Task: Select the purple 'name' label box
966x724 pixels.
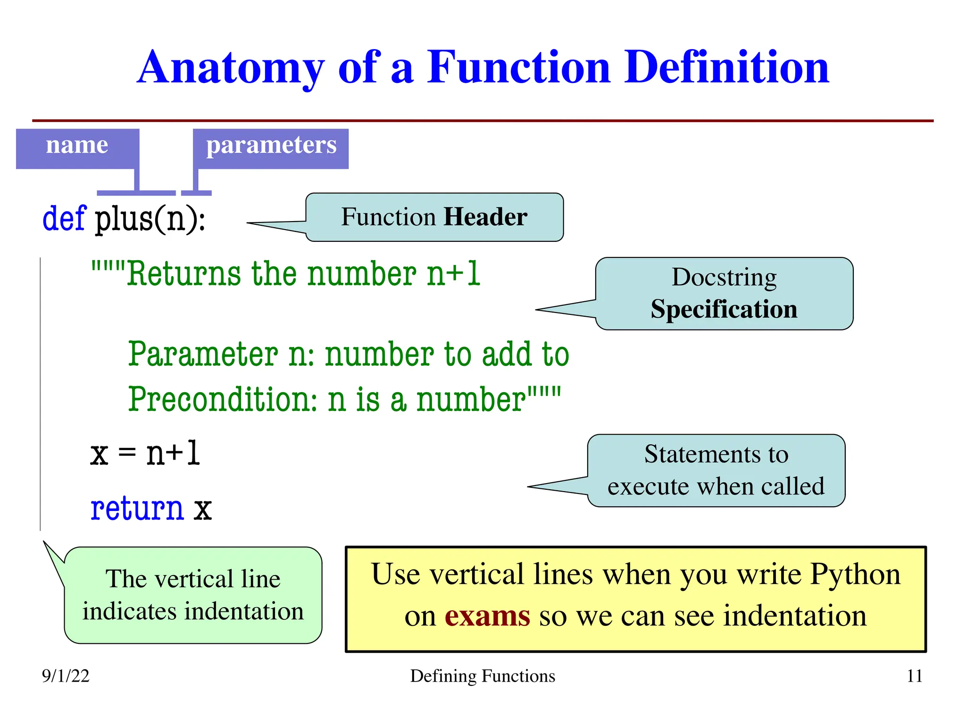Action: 77,148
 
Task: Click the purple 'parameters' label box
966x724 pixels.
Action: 271,148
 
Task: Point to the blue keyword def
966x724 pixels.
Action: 64,218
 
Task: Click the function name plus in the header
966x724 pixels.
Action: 124,220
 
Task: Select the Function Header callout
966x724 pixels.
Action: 434,217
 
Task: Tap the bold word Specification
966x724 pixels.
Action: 724,310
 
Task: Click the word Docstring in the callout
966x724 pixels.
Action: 724,277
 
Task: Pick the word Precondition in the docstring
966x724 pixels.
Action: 223,400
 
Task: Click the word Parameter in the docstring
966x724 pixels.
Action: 203,354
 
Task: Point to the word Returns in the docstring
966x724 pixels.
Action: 184,274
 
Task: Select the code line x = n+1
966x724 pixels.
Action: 145,453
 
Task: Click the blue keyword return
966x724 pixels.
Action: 137,509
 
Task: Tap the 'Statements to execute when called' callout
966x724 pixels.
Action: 716,470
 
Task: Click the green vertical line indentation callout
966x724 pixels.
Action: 193,595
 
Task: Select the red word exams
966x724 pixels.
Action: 487,616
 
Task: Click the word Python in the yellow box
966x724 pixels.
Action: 855,575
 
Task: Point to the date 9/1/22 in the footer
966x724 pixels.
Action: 66,676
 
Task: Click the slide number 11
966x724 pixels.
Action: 914,676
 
